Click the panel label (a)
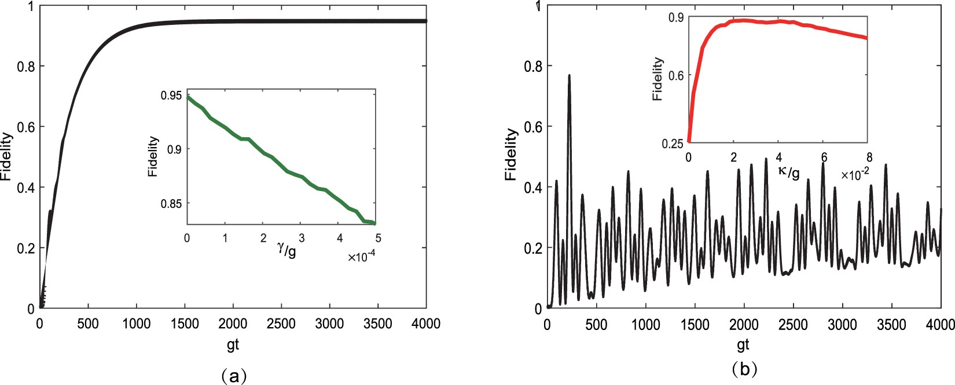coord(234,376)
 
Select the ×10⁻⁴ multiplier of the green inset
coord(361,256)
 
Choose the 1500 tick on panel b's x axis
coord(695,324)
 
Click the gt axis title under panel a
coord(233,345)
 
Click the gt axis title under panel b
coord(743,345)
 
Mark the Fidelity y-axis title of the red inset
coord(658,79)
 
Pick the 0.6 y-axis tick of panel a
coord(25,127)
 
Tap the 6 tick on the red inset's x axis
coord(824,157)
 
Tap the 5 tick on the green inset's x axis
coord(378,238)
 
